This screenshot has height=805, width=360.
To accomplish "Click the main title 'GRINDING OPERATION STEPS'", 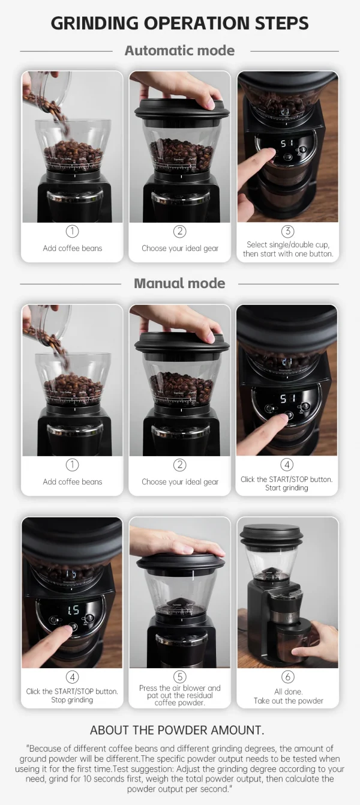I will tap(179, 23).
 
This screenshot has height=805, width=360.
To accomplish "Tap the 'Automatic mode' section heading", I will tap(179, 51).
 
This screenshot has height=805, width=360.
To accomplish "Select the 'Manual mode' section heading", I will tap(179, 283).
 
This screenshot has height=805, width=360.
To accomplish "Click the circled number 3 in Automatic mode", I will tap(288, 231).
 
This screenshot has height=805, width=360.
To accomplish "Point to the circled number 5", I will tap(180, 677).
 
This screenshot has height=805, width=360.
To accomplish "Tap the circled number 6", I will tap(288, 677).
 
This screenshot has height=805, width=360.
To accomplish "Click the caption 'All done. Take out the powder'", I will tap(288, 696).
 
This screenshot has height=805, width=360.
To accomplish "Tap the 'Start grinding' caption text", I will tap(287, 488).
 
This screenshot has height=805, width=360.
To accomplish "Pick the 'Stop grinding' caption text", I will tap(72, 700).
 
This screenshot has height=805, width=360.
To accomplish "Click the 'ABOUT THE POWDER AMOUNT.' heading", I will tap(177, 731).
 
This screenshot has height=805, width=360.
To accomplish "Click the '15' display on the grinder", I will tap(73, 609).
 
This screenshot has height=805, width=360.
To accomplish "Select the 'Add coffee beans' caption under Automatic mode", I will tap(72, 249).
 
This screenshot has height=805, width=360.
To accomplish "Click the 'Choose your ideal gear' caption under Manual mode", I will tap(180, 482).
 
